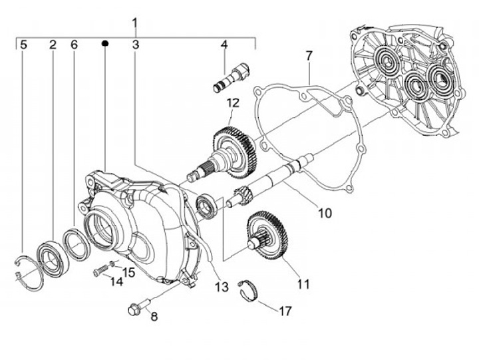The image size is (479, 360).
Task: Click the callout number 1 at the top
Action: tap(134, 24)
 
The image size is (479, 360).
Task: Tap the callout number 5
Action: tap(23, 45)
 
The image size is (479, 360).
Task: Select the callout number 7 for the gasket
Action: tap(309, 57)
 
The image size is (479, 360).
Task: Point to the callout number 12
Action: tap(233, 103)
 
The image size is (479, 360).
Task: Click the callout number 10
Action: tap(325, 214)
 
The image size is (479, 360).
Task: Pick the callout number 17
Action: tap(285, 311)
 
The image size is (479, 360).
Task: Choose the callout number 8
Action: tap(154, 317)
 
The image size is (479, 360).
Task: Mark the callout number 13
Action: tap(222, 287)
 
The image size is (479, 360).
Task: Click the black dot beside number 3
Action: tap(105, 43)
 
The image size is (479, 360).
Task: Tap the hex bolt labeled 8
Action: tap(139, 306)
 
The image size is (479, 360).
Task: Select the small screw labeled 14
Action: tap(102, 270)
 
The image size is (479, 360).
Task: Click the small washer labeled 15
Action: tap(112, 264)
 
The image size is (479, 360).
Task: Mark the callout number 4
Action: tap(224, 45)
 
